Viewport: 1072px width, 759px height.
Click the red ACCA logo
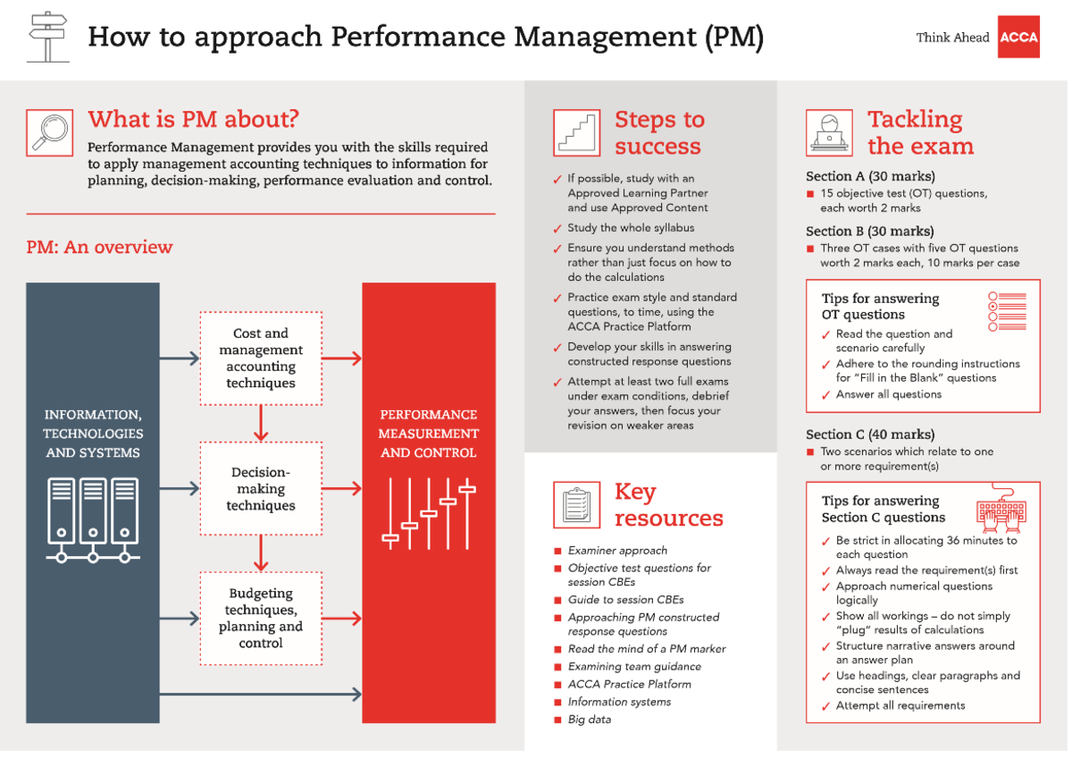pos(1018,37)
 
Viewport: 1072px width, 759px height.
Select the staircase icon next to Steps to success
pos(576,132)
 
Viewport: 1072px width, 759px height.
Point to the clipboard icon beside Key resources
pos(576,505)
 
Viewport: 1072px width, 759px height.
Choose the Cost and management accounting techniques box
pos(261,358)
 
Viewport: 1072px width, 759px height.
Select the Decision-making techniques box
pos(261,488)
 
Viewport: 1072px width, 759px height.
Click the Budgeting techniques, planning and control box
pos(261,619)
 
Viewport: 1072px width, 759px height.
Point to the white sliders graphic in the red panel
pos(429,514)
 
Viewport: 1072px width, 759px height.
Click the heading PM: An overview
pos(99,248)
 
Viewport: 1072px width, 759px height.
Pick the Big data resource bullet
pos(590,720)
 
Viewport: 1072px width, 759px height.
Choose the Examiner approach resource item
pos(617,551)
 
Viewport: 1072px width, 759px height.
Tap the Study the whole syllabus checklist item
pos(631,228)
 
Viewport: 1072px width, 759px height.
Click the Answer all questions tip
pos(888,394)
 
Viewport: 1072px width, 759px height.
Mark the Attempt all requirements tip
pos(900,705)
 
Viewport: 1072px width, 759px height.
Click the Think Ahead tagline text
pos(952,38)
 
